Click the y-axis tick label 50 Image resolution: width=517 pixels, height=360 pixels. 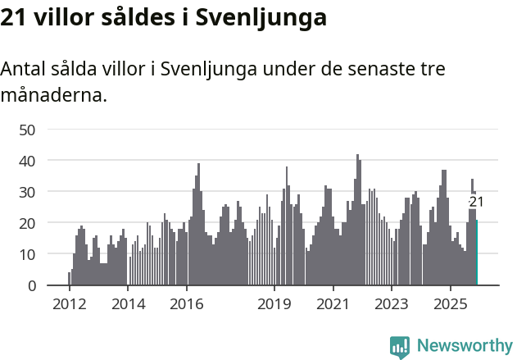(27, 130)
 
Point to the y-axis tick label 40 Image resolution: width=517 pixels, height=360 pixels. (27, 161)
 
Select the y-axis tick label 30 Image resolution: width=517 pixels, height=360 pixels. (27, 192)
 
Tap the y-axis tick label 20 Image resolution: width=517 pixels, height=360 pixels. (27, 223)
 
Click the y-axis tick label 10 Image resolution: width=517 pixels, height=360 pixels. (27, 254)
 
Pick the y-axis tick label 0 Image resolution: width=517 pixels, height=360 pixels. (31, 285)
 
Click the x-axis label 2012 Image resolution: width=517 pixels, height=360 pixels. (69, 305)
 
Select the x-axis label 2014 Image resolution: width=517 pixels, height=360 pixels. (128, 305)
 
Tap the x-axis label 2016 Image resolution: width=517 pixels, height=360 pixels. (187, 305)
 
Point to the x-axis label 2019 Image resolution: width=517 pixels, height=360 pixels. (274, 305)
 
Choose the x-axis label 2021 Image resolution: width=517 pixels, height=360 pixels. (333, 305)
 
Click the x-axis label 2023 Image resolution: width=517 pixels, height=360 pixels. (392, 305)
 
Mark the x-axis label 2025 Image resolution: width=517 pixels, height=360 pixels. (451, 305)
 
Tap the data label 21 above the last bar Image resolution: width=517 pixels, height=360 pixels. (476, 202)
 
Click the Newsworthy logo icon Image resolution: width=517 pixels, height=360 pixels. (400, 346)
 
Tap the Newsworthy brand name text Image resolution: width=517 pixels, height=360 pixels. (464, 346)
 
